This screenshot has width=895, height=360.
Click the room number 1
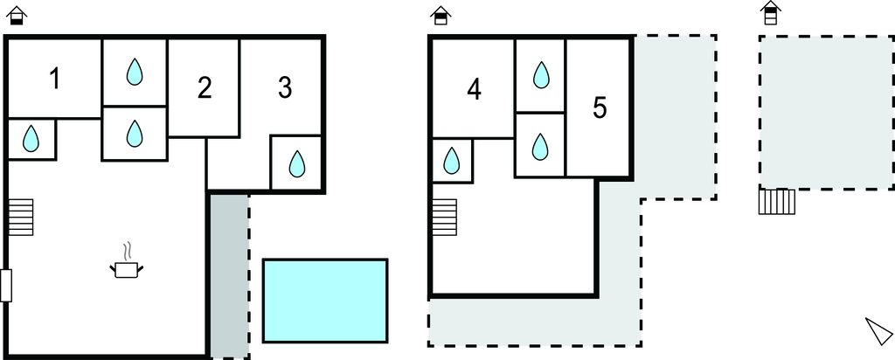coord(55,79)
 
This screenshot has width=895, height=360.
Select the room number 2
coord(205,88)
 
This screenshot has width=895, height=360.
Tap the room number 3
coord(285,88)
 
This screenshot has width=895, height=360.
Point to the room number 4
coord(474,90)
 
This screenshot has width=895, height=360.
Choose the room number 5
coord(600,108)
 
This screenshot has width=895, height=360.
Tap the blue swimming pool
coord(325,301)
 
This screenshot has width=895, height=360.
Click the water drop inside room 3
coord(297,163)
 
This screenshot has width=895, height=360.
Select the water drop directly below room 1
coord(31,139)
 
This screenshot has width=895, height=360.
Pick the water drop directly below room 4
coord(452,160)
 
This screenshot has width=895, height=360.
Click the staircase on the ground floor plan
coord(21,217)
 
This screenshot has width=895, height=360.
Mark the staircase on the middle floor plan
coord(445,217)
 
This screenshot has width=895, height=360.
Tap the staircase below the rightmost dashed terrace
coord(777,201)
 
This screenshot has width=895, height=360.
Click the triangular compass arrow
coord(878,331)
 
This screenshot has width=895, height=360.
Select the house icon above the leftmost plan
coord(17,16)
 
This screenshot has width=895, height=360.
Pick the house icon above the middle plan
coord(441,16)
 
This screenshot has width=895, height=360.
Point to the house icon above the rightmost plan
coord(771,13)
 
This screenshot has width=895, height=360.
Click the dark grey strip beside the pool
coord(230,276)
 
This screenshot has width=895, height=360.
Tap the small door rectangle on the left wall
coord(6,286)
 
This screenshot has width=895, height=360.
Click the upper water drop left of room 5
coord(540,75)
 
